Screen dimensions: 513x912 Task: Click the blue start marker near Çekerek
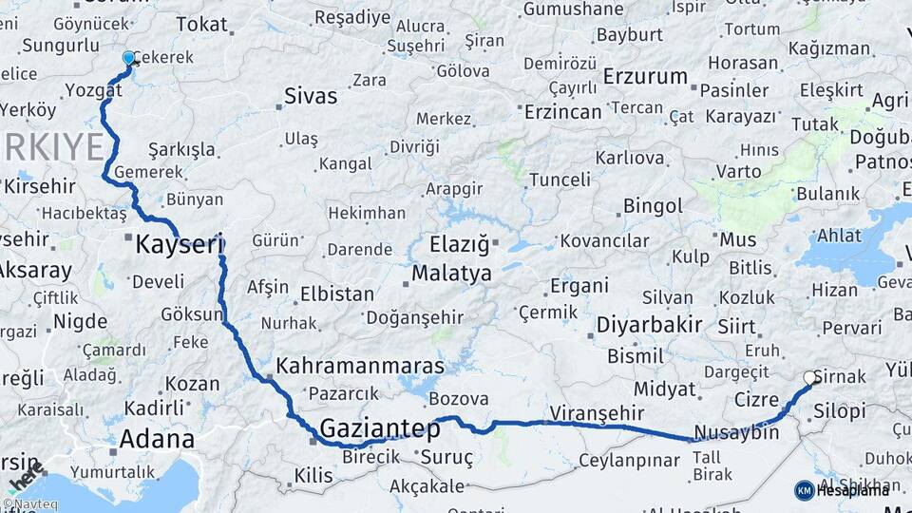pyautogui.click(x=129, y=59)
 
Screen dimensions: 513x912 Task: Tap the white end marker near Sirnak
pyautogui.click(x=810, y=378)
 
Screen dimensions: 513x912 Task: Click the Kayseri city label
pyautogui.click(x=179, y=244)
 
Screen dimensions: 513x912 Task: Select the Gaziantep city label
pyautogui.click(x=380, y=428)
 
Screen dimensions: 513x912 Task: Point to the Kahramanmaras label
pyautogui.click(x=360, y=366)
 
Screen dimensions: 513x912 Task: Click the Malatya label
pyautogui.click(x=451, y=274)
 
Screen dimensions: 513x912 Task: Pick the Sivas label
pyautogui.click(x=311, y=96)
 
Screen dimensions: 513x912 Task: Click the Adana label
pyautogui.click(x=157, y=439)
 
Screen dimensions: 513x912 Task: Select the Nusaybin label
pyautogui.click(x=736, y=433)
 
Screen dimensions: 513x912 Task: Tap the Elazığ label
pyautogui.click(x=459, y=244)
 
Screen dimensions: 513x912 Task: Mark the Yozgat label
pyautogui.click(x=95, y=90)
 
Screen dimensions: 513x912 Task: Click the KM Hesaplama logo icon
pyautogui.click(x=805, y=489)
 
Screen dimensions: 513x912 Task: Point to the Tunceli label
pyautogui.click(x=560, y=180)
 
